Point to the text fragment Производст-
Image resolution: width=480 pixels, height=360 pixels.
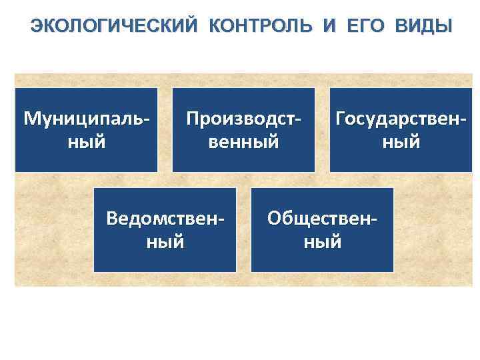coord(243,119)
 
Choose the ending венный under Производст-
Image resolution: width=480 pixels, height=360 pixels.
coord(243,142)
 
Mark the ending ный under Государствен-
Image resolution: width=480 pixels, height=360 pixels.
coord(401,142)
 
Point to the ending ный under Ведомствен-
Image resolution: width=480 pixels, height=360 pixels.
coord(165,241)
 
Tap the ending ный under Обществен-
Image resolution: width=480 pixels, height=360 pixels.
coord(322,241)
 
